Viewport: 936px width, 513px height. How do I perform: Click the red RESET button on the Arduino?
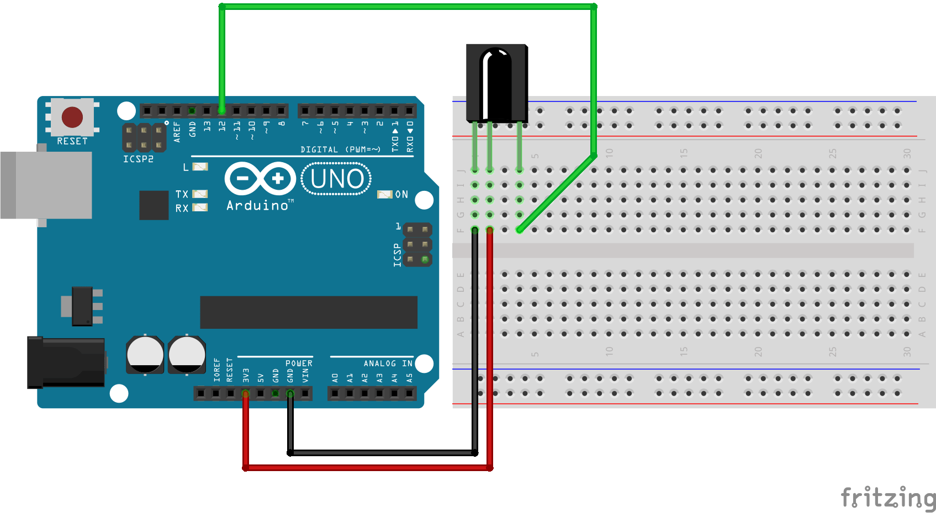(72, 117)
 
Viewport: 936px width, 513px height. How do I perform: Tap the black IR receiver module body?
(496, 83)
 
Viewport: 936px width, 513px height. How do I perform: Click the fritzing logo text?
(887, 498)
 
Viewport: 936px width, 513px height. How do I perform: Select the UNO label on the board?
(337, 179)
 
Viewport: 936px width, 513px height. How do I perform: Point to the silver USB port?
(46, 185)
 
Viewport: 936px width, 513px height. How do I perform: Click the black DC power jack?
(66, 362)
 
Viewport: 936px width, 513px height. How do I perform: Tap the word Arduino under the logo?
(257, 206)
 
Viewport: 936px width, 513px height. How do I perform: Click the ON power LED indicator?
(385, 194)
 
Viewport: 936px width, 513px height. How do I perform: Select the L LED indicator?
(200, 167)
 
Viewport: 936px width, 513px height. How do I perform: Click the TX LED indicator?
(200, 194)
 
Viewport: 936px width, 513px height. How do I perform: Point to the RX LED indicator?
(200, 208)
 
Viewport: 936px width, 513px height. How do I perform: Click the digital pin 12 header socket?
(222, 111)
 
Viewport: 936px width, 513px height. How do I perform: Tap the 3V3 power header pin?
(246, 393)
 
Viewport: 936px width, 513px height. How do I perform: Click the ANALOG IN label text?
(388, 364)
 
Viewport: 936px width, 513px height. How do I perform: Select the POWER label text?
(299, 364)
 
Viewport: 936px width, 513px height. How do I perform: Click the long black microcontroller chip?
(309, 312)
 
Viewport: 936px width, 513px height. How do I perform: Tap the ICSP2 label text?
(138, 159)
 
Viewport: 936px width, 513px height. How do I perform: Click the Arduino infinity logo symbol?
(260, 178)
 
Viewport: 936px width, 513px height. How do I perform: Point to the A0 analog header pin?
(335, 393)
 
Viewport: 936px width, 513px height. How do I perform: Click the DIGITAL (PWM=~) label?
(340, 149)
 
